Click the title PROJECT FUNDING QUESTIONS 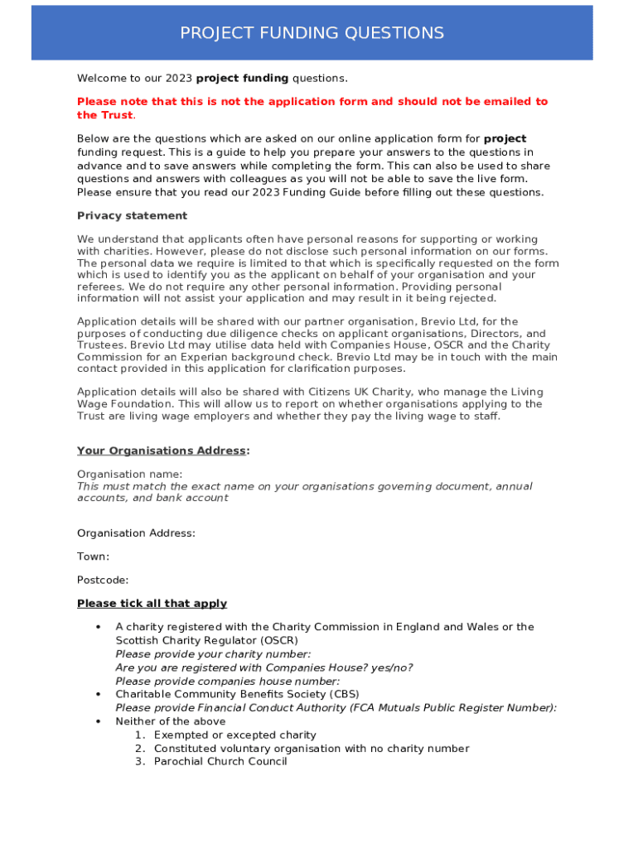[312, 33]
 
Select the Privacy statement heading [132, 216]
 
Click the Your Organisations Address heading [162, 450]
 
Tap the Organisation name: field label [129, 474]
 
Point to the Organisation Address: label [136, 533]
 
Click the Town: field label [93, 556]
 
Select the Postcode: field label [103, 581]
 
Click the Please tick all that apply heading [152, 604]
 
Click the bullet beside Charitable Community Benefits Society [99, 694]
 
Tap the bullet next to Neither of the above [99, 721]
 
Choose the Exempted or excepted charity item [234, 735]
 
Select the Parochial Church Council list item [220, 762]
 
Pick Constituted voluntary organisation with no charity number [311, 749]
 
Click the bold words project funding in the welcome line [242, 79]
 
